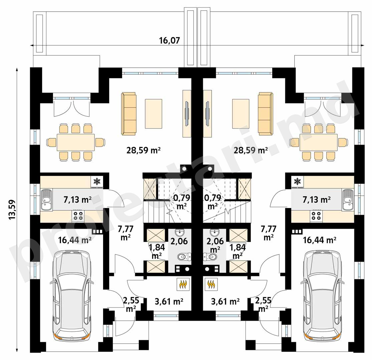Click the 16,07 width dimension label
click(x=169, y=41)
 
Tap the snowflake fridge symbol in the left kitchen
click(x=96, y=182)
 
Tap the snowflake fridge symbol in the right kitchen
click(x=297, y=182)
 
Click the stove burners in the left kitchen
click(x=78, y=216)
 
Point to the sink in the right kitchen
click(x=348, y=200)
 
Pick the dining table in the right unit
click(x=318, y=142)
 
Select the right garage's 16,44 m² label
click(x=320, y=240)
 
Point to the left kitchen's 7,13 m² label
click(x=78, y=200)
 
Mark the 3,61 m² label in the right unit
click(x=225, y=301)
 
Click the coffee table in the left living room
click(x=153, y=114)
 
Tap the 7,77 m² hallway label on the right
click(x=269, y=233)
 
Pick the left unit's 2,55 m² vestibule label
click(x=131, y=304)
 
